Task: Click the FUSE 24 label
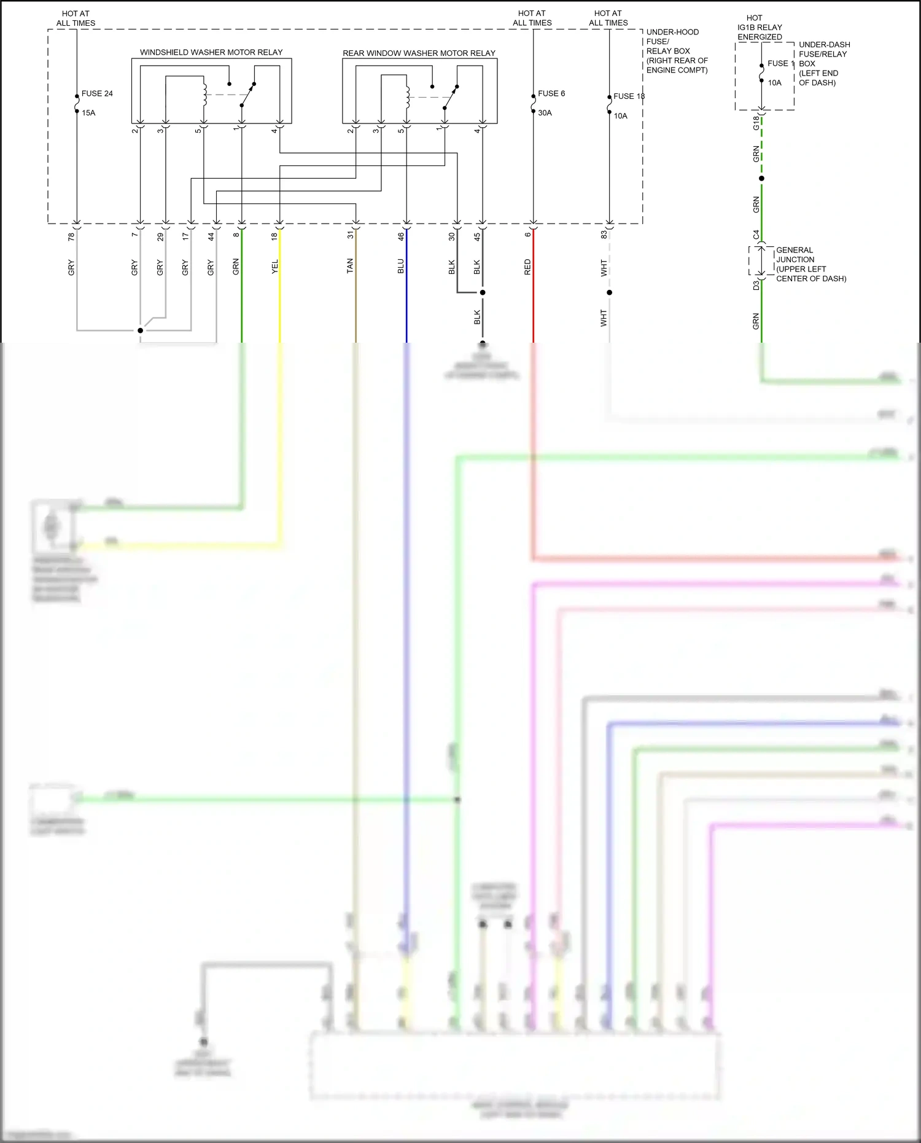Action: pos(97,93)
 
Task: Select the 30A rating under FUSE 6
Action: pos(545,113)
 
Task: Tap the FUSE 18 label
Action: pos(629,96)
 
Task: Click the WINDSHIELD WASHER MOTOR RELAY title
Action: pos(211,52)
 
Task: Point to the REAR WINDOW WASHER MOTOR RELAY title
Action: pos(419,53)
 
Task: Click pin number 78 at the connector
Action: pos(71,236)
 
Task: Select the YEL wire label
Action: pos(274,267)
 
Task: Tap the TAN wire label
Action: pos(350,266)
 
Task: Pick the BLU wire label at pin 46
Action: pos(401,266)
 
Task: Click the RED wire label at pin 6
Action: pos(527,267)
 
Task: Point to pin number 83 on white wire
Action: pos(604,234)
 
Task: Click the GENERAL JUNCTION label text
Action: pos(795,254)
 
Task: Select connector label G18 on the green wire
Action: pos(756,123)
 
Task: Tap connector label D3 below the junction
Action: pos(756,286)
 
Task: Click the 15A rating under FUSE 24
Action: pos(88,113)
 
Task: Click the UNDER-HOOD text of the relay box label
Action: pos(672,32)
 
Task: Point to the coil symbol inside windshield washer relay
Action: pos(204,93)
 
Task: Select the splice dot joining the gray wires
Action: pos(140,330)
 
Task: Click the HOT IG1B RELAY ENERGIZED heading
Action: pos(760,28)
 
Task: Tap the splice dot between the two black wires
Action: pos(483,292)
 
